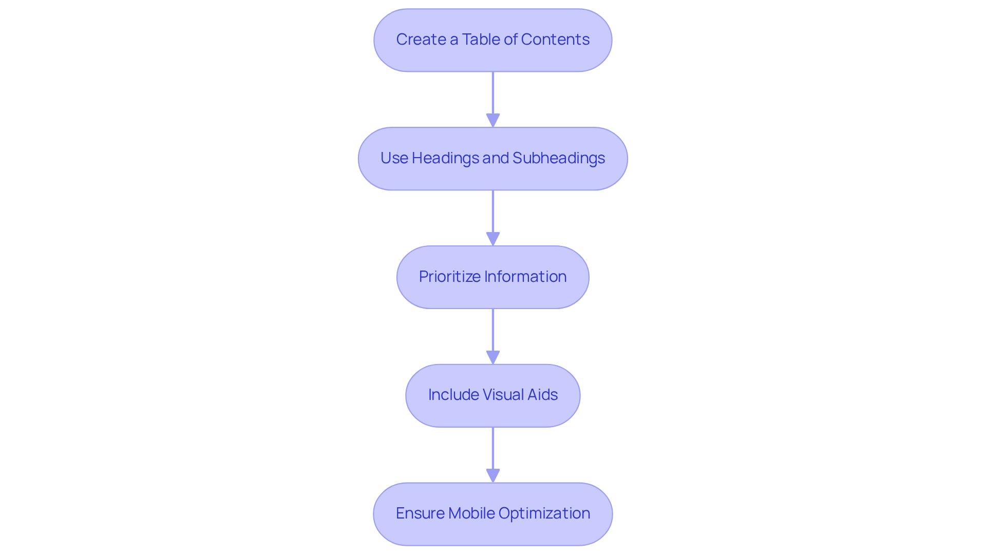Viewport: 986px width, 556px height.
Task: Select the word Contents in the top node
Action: [555, 40]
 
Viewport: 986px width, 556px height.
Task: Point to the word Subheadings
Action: [559, 158]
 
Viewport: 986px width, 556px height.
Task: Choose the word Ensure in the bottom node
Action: [420, 513]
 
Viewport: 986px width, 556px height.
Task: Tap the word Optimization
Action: [544, 513]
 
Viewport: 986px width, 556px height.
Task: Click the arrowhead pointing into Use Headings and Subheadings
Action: [493, 121]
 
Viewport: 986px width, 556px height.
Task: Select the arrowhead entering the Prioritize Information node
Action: [493, 239]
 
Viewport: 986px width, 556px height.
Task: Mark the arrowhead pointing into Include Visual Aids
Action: [493, 358]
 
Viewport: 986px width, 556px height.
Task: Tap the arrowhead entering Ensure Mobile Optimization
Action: [493, 476]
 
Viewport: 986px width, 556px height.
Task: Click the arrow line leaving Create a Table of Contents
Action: [493, 92]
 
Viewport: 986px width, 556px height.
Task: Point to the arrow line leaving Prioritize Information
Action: [493, 330]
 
